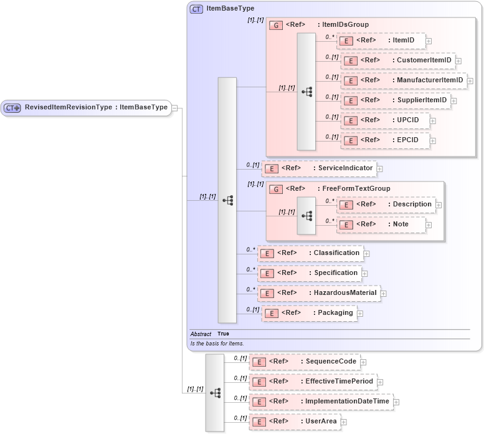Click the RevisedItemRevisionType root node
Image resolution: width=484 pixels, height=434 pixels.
86,107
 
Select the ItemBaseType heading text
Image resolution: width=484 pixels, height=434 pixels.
230,9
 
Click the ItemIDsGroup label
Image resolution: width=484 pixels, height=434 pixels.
343,24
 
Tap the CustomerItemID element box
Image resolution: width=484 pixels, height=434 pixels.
399,60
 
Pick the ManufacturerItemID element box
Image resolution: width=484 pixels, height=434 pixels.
404,80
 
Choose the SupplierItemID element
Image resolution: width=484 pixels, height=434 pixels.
396,100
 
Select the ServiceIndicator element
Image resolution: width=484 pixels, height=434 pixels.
318,168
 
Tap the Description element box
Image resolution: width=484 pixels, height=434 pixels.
386,205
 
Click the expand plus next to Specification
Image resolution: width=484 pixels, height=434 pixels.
364,274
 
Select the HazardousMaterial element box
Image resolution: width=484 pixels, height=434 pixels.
319,293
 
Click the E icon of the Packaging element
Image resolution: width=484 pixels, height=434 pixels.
271,313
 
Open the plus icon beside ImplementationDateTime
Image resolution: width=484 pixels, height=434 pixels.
396,402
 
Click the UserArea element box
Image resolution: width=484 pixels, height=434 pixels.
295,422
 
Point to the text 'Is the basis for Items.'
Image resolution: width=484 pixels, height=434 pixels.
217,344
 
